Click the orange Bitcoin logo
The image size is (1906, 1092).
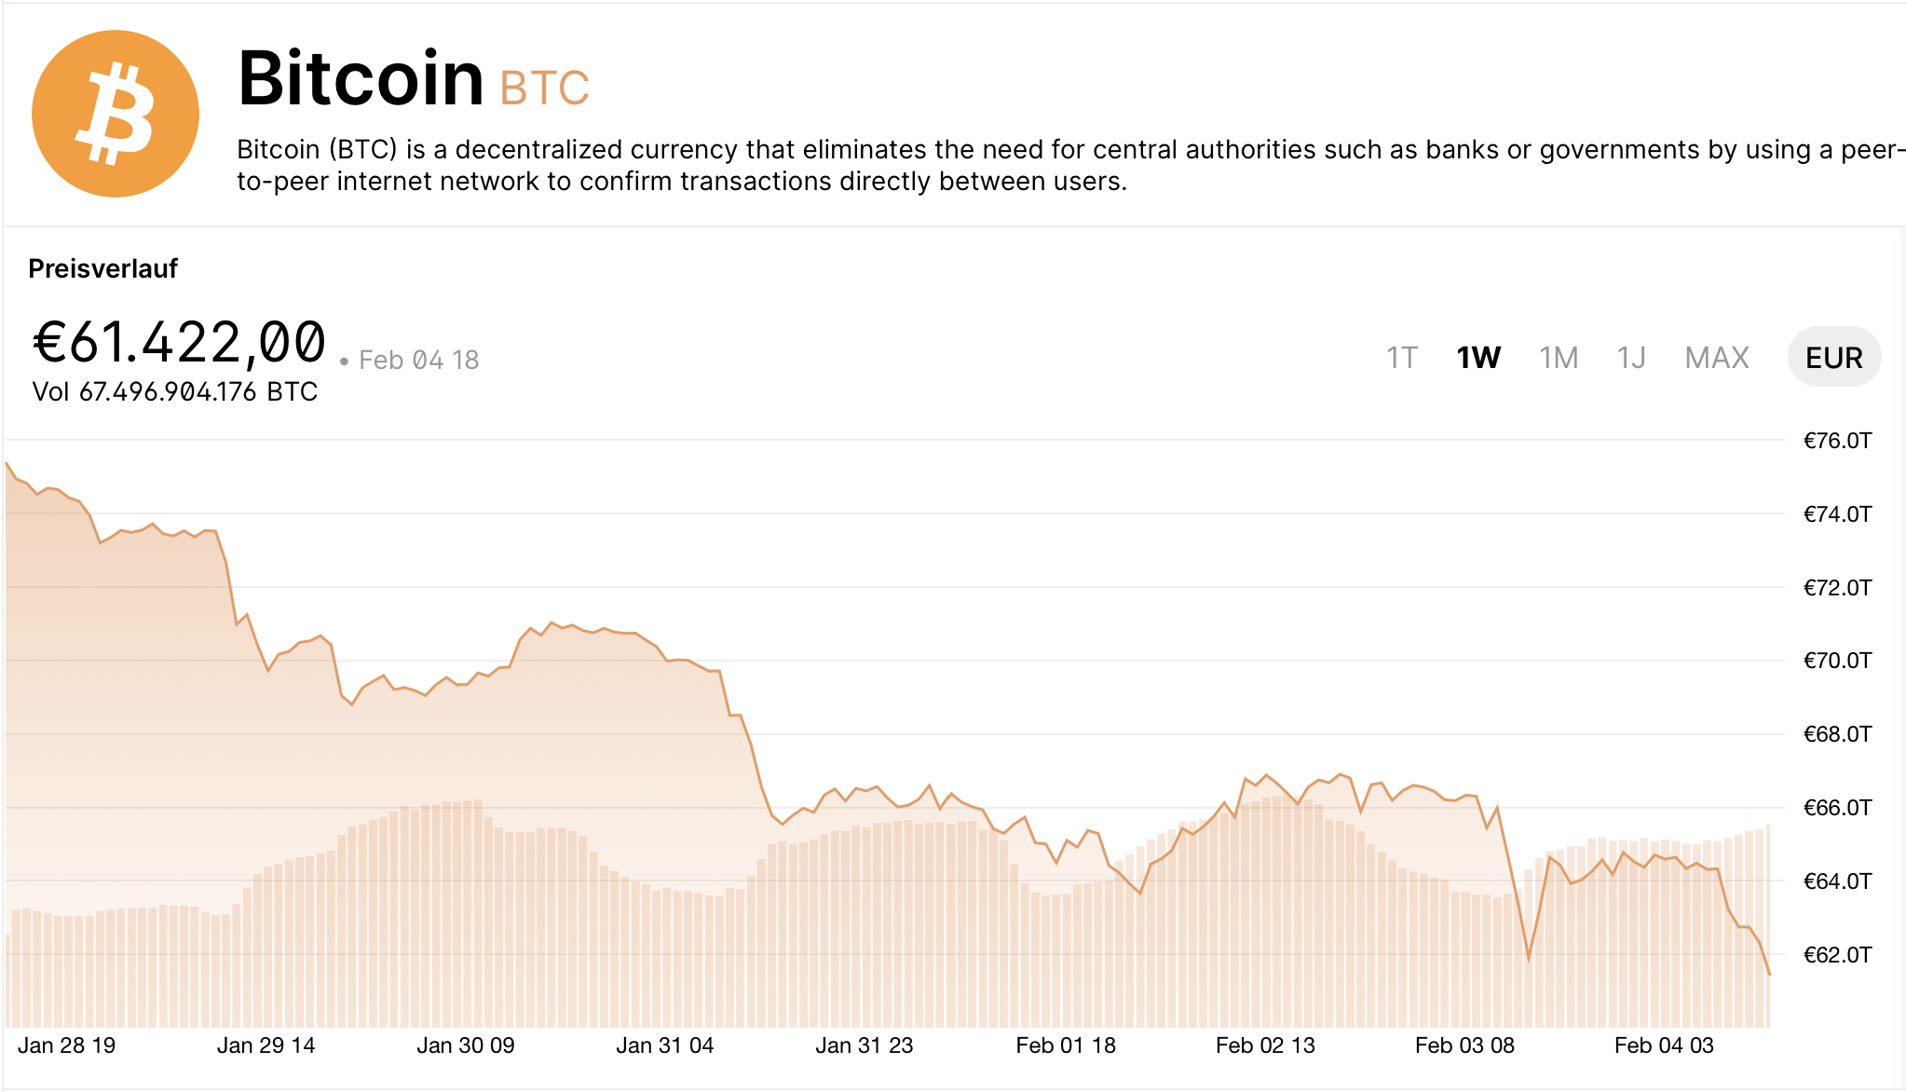point(116,114)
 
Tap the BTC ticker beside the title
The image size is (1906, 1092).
point(544,89)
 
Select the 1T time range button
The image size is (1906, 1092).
point(1401,358)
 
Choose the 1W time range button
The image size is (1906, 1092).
point(1478,358)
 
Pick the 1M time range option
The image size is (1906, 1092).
point(1559,358)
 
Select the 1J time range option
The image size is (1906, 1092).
point(1631,358)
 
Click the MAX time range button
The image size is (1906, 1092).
point(1717,358)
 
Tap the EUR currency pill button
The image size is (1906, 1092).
point(1833,358)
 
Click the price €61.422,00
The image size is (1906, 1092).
point(180,342)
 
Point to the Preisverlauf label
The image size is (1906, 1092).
point(102,269)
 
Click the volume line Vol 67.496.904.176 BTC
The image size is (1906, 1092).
point(175,392)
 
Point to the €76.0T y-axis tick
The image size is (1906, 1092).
point(1837,441)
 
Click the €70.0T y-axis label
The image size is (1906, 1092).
point(1837,661)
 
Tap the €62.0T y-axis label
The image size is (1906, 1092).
point(1837,955)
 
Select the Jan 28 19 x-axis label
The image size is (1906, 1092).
point(67,1045)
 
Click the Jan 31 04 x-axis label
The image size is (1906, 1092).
point(665,1045)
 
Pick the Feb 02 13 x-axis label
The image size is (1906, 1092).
point(1265,1045)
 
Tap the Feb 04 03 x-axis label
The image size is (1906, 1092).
point(1664,1045)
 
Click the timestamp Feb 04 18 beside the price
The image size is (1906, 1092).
point(418,361)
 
